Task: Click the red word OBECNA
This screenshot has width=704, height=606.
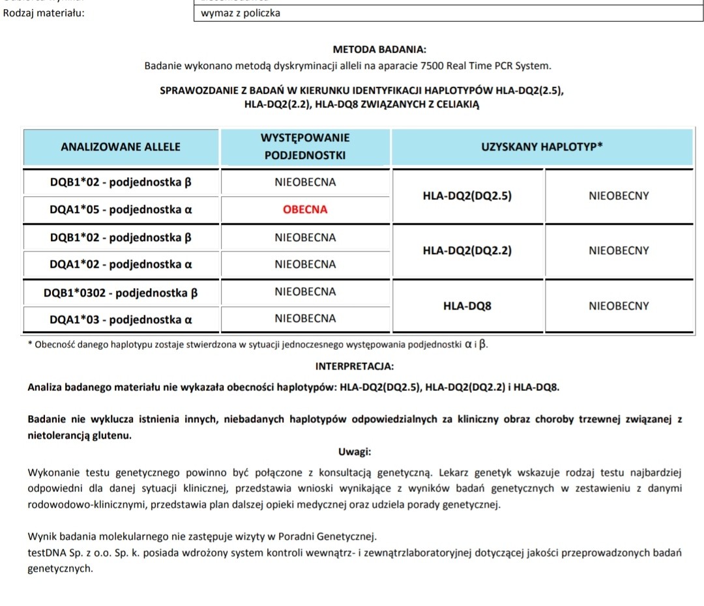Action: (x=305, y=210)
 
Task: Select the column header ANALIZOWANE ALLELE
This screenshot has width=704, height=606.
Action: (x=121, y=147)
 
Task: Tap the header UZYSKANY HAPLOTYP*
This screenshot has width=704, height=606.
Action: (x=541, y=147)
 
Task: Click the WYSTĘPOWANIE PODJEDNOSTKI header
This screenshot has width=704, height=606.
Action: (x=305, y=147)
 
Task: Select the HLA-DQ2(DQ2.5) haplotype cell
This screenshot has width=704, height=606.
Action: (x=467, y=195)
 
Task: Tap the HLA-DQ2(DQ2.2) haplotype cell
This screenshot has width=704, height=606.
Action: (x=467, y=250)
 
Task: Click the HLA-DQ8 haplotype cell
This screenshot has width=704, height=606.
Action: (x=467, y=306)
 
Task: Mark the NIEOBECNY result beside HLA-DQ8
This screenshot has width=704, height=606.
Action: (x=619, y=306)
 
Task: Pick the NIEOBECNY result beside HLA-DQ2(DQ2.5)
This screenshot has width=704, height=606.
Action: (x=619, y=195)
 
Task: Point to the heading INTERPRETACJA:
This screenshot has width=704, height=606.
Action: (x=354, y=367)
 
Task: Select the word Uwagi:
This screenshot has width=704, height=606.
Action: (x=355, y=452)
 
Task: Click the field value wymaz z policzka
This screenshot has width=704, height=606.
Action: (x=241, y=13)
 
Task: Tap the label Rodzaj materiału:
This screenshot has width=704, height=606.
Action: (x=44, y=13)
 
